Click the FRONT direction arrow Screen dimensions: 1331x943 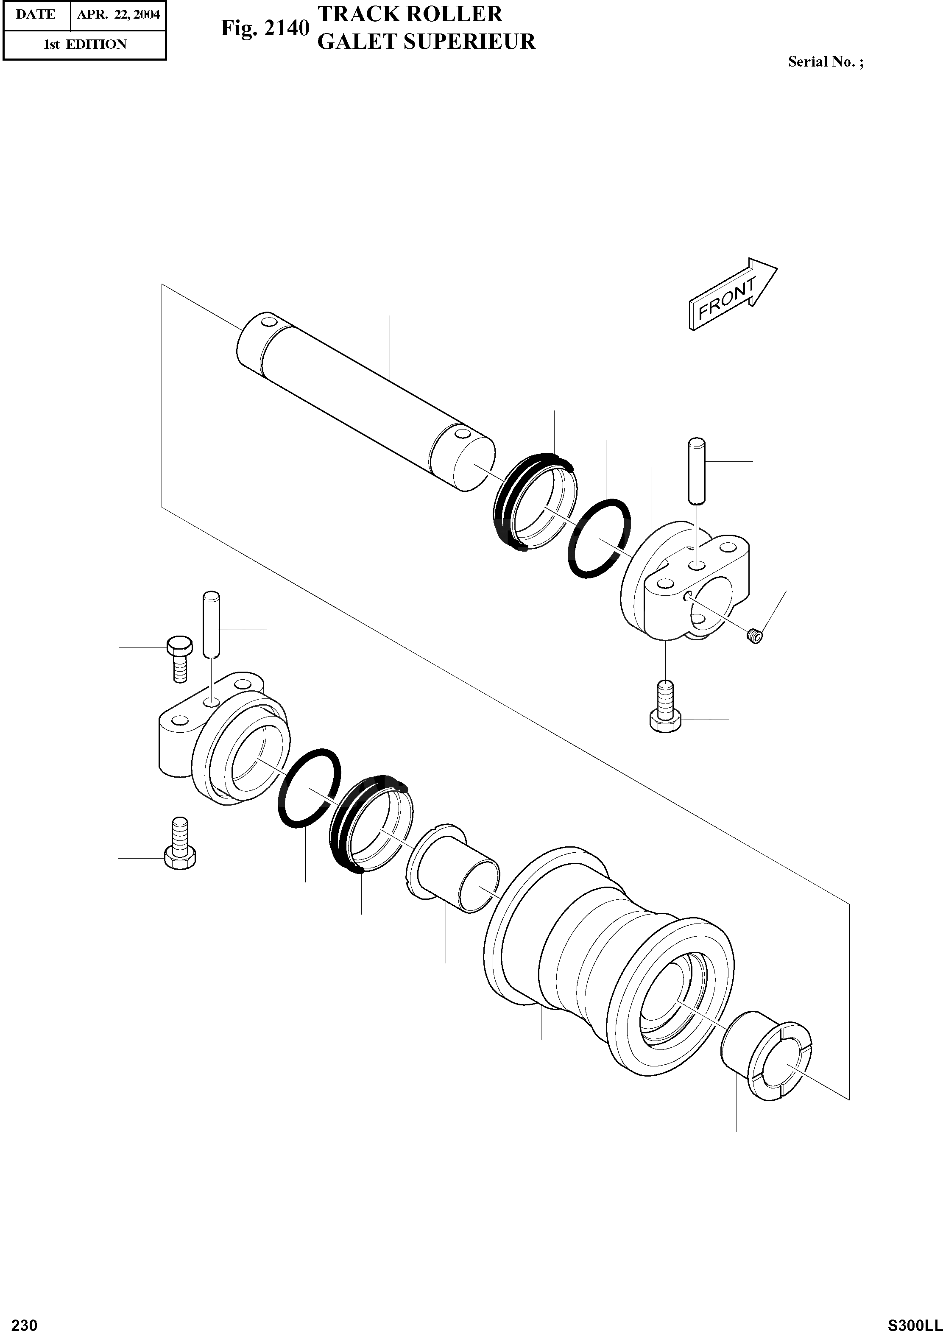point(732,296)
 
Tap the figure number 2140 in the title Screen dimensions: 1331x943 point(286,28)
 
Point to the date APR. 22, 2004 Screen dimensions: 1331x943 point(118,14)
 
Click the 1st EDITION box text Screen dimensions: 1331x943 point(85,44)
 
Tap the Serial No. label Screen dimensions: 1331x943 point(825,62)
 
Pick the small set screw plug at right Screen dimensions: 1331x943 point(754,636)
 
